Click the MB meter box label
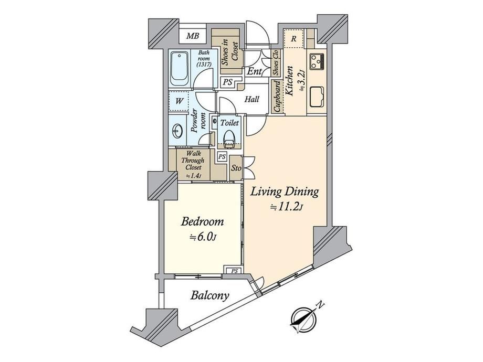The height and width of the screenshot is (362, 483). pos(193,36)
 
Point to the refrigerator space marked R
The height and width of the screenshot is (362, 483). pos(293,38)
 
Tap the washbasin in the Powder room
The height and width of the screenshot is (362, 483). pos(177,132)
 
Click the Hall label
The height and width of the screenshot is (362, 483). pos(251,99)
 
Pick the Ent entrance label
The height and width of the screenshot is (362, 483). pos(255,71)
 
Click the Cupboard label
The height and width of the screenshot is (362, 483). pos(277,97)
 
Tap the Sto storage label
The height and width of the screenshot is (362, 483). pos(236,168)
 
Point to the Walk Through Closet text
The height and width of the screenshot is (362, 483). pos(193,161)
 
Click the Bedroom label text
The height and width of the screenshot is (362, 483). pos(202,221)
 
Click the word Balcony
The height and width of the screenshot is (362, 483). pos(210,295)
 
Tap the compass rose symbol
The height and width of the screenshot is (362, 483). pos(304,320)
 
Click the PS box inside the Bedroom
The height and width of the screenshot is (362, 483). pos(235,271)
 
